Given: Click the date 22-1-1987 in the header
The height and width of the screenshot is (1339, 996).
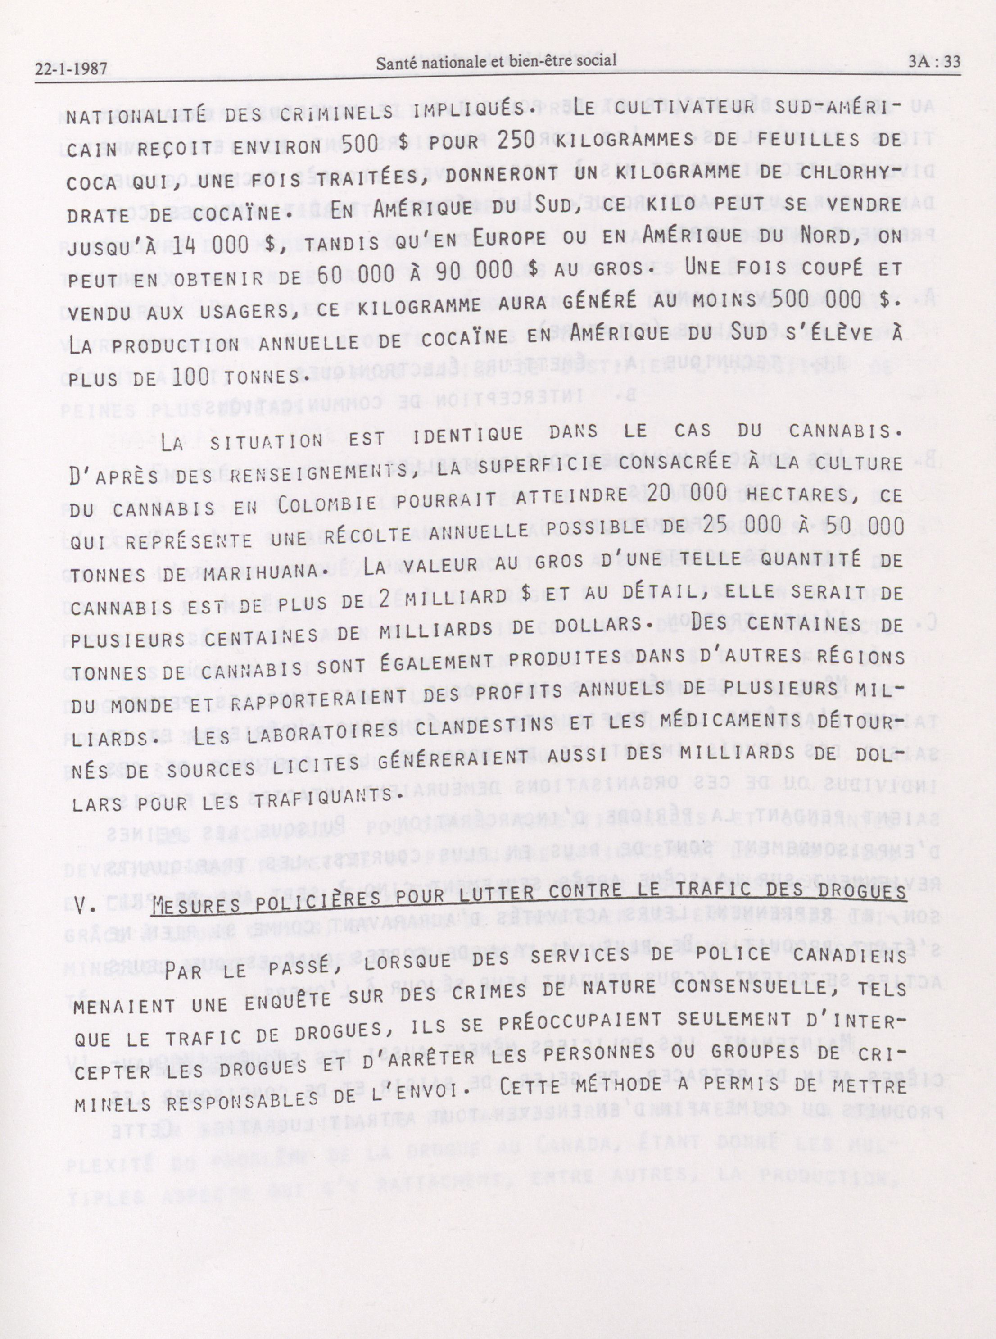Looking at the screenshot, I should click(71, 69).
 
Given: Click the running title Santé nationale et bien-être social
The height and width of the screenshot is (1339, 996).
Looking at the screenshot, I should click(496, 60).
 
